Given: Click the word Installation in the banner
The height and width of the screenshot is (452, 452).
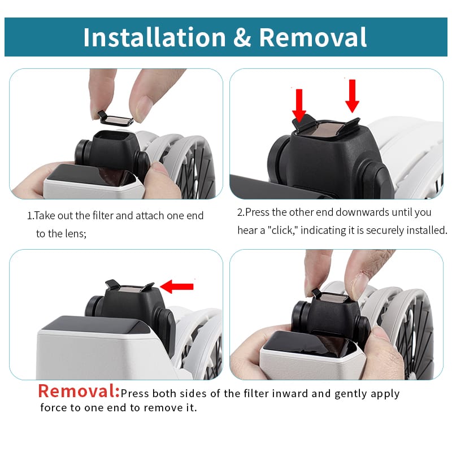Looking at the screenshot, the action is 154,37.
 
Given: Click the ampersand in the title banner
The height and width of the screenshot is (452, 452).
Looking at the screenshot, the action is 242,37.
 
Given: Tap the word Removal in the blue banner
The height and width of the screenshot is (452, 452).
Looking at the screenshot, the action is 313,37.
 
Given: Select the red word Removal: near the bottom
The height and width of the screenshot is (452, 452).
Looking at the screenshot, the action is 79,391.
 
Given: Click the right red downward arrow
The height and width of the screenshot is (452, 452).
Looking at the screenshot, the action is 352,96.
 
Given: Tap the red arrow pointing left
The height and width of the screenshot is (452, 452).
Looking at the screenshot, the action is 177,286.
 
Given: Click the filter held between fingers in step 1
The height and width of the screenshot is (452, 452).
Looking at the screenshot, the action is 116,119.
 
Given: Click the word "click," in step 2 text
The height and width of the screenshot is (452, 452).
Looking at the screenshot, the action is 284,231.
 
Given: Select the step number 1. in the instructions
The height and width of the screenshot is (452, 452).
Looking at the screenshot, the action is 31,216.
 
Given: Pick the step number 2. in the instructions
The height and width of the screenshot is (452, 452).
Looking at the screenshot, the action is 241,212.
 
